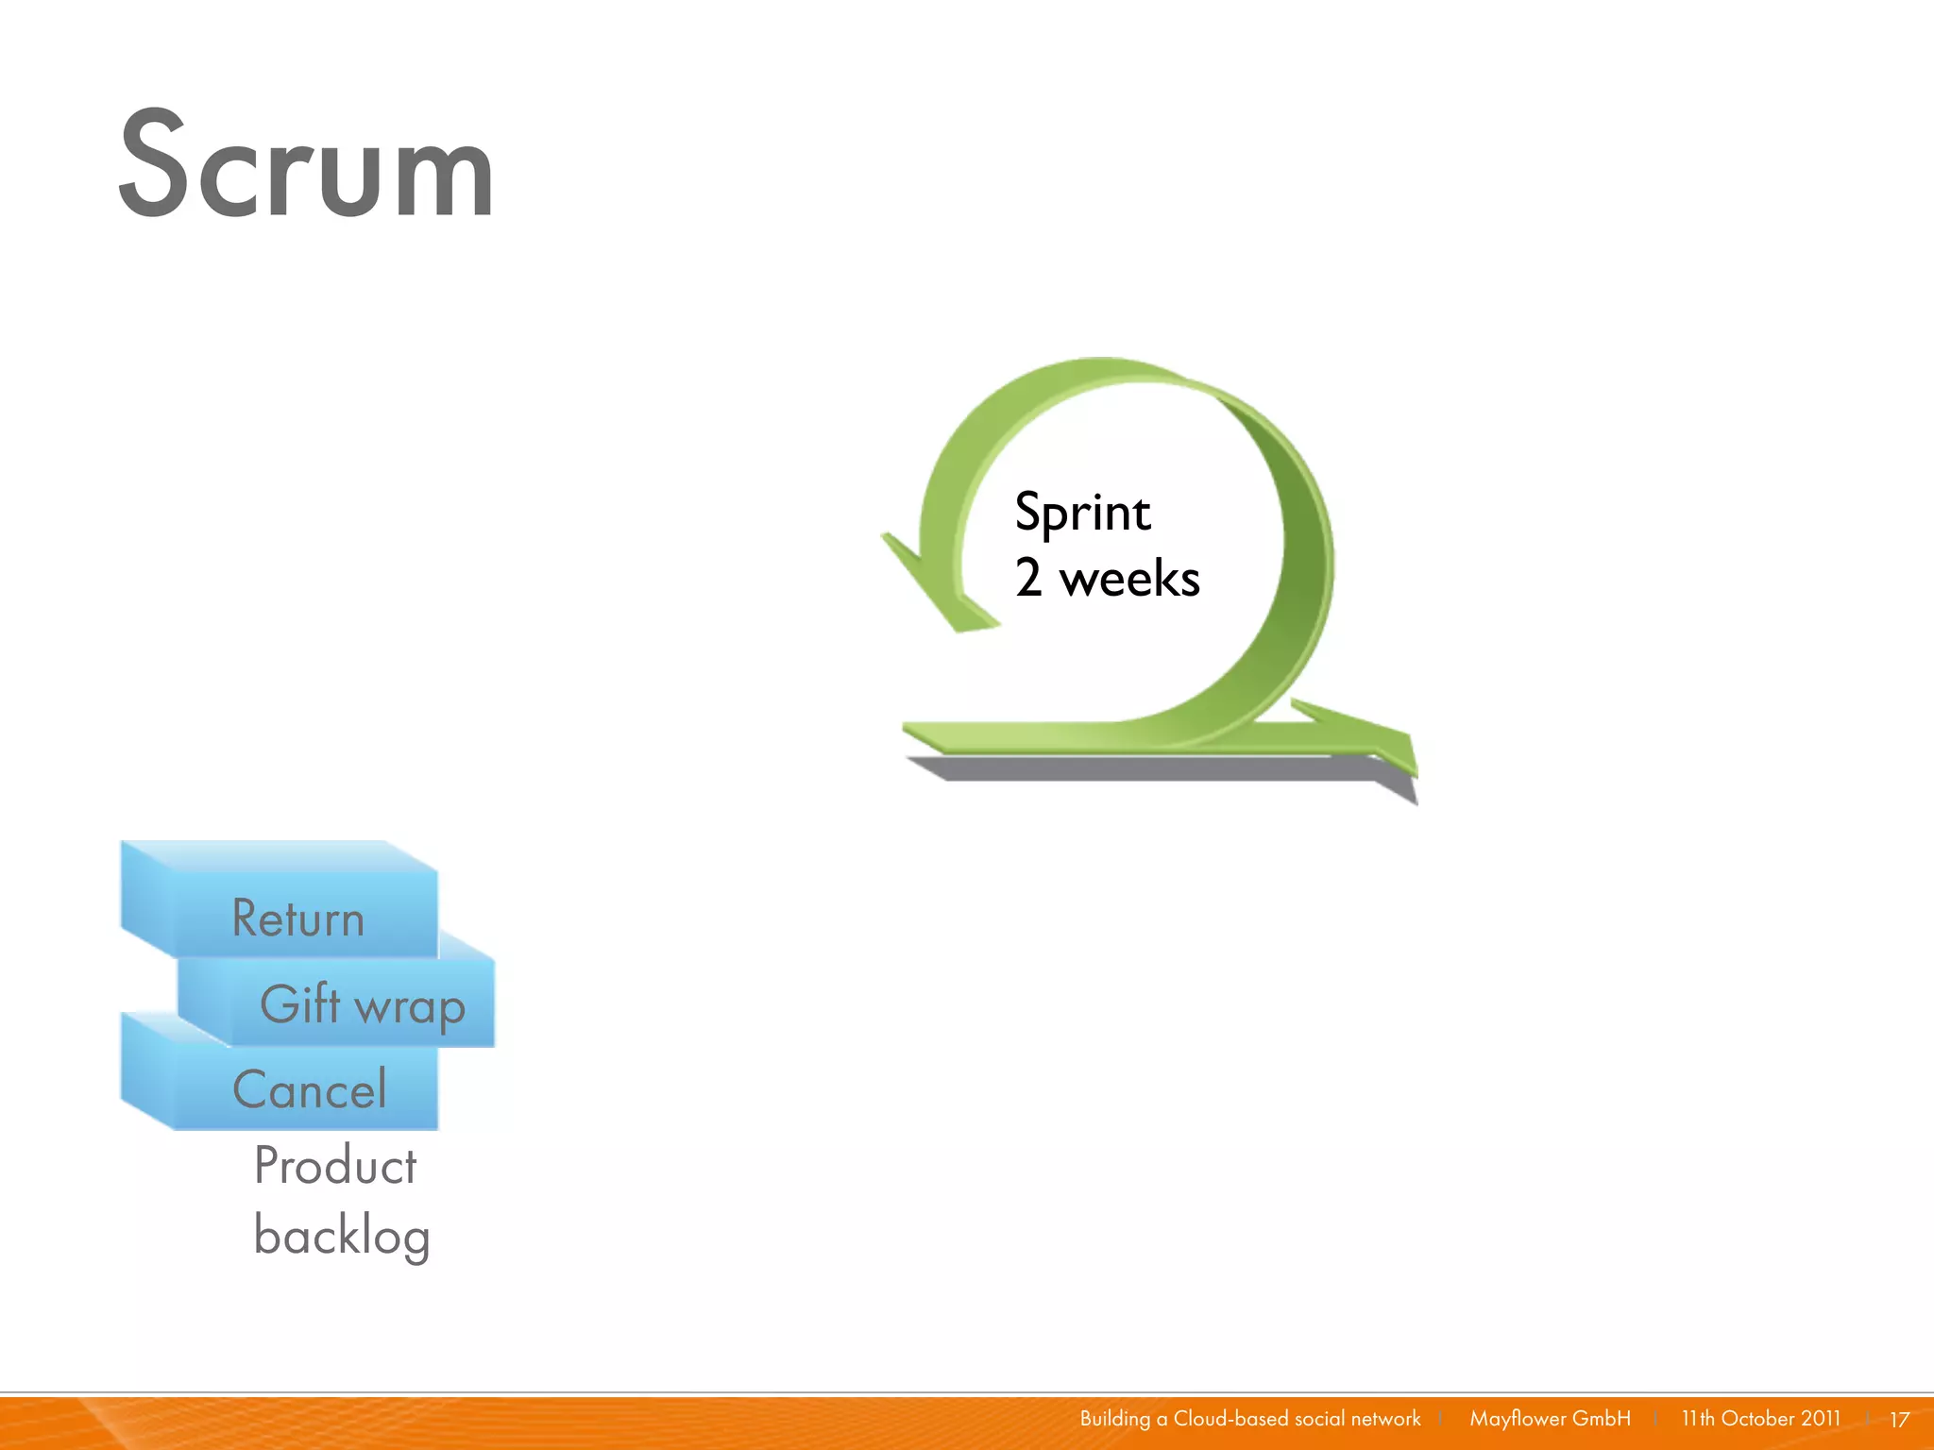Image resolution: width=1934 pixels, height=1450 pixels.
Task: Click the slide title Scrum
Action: point(306,165)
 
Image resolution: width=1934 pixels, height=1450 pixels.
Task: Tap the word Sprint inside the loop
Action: point(1082,514)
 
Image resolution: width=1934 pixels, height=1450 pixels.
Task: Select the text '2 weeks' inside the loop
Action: point(1107,578)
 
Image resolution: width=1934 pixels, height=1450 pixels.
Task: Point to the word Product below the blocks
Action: point(334,1166)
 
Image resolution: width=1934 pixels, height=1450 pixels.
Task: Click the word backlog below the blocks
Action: point(342,1236)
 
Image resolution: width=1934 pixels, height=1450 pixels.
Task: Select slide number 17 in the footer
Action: point(1899,1420)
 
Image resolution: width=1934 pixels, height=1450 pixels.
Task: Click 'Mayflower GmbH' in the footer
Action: point(1550,1419)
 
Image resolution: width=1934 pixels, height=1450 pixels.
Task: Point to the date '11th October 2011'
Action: point(1760,1419)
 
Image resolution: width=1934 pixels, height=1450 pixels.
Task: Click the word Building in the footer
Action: point(1114,1419)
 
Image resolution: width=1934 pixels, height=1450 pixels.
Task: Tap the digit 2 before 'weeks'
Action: point(1028,578)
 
